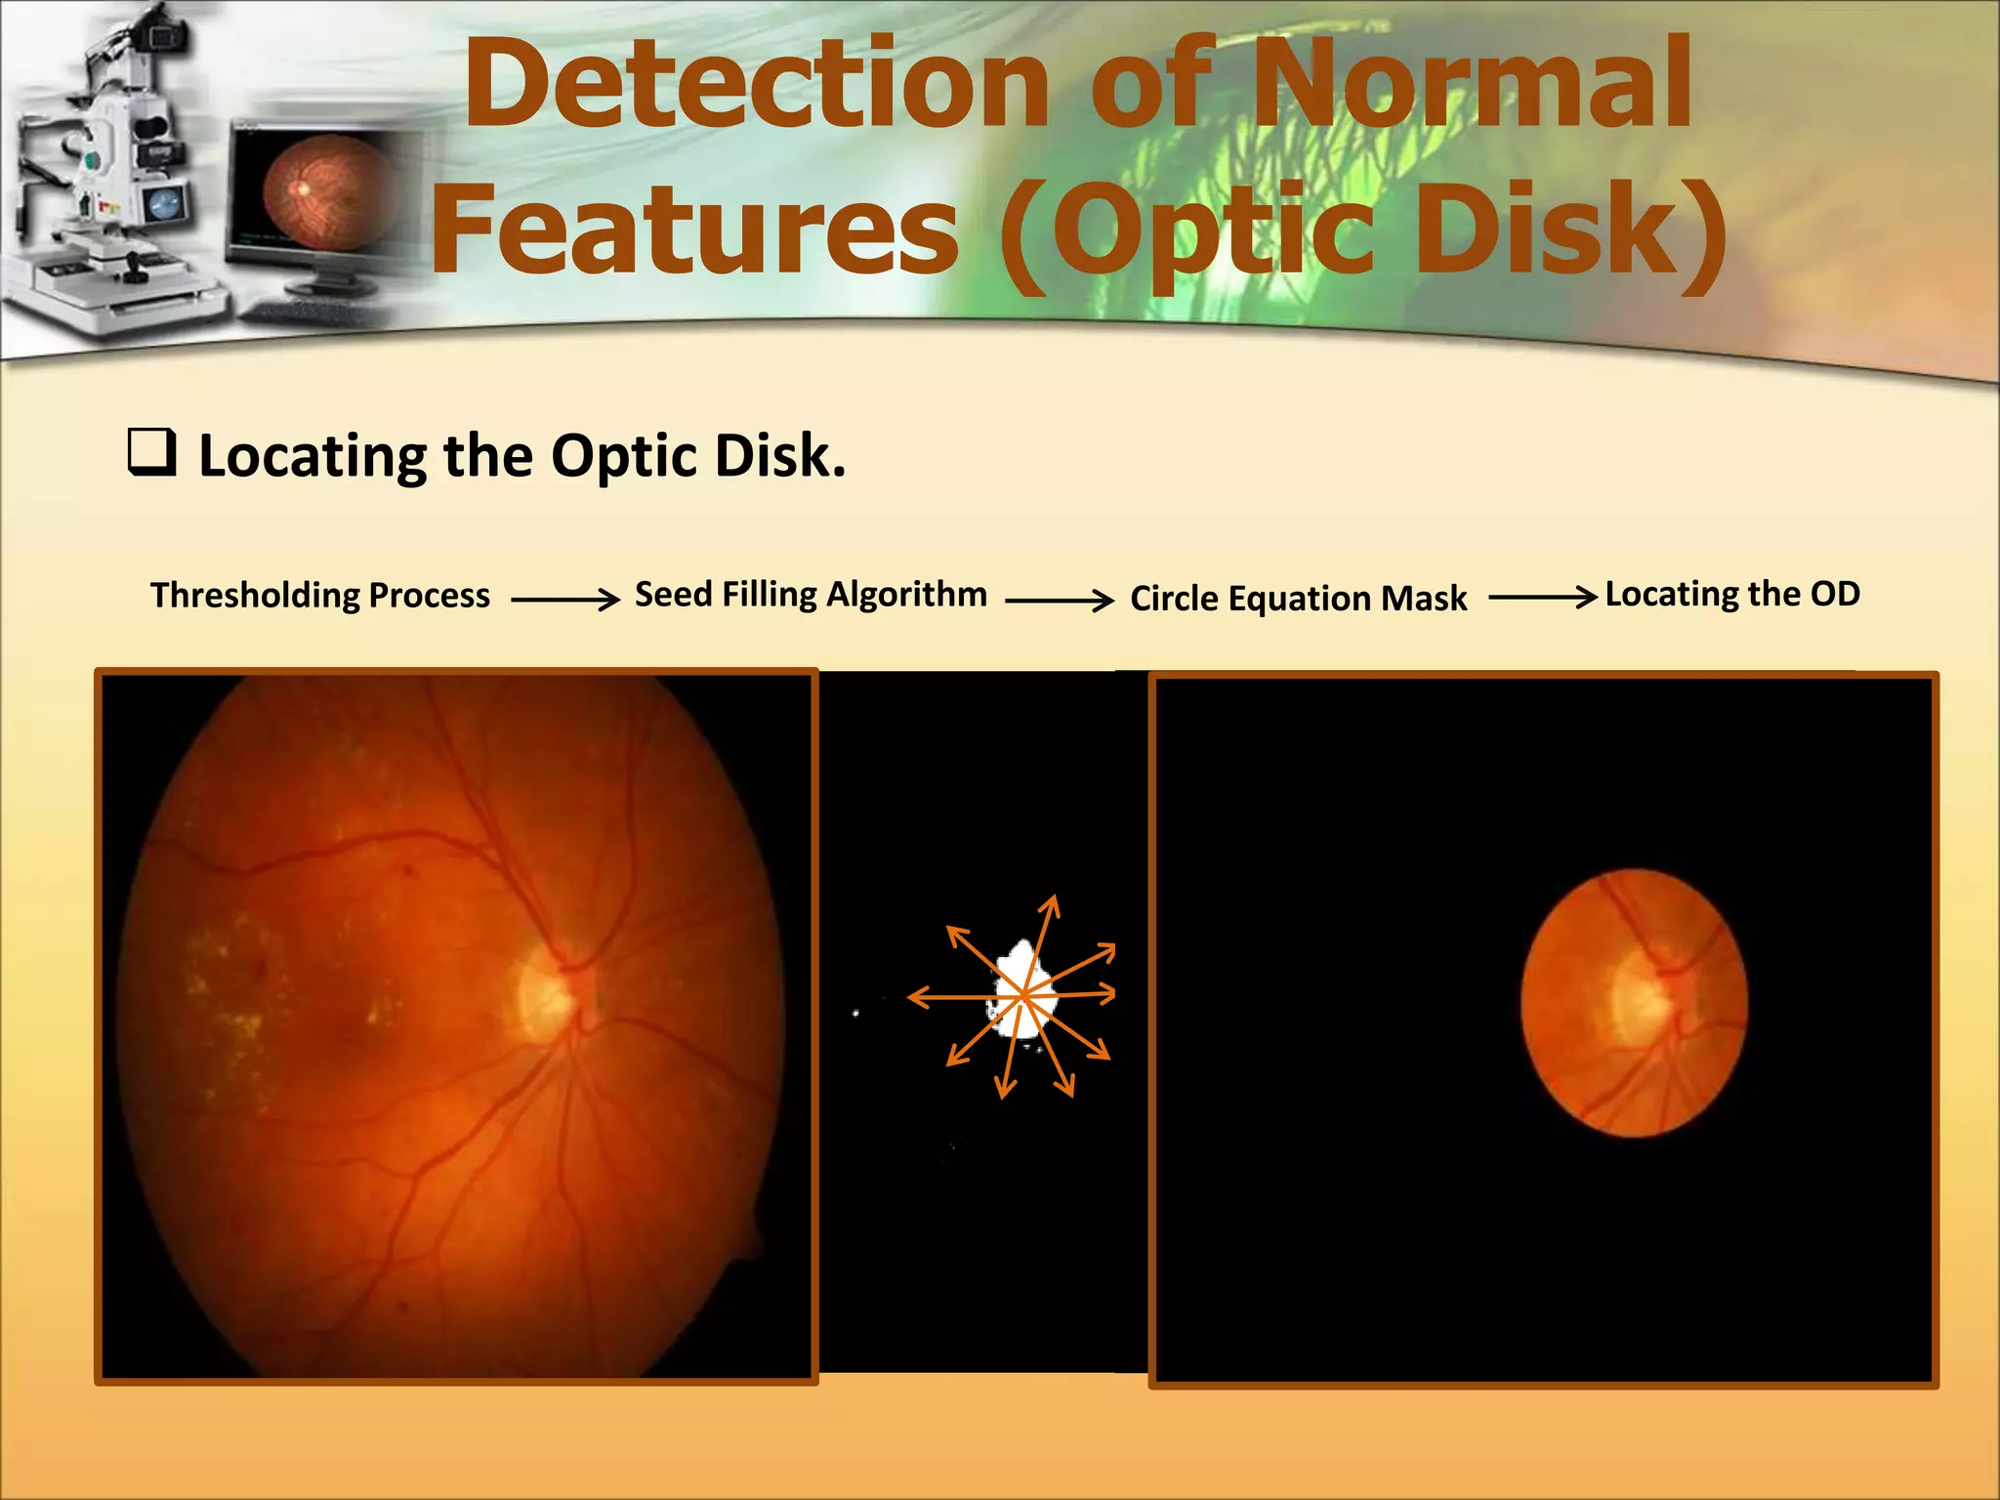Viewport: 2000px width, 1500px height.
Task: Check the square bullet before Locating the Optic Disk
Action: tap(152, 452)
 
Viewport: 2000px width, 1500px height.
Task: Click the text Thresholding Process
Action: tap(320, 595)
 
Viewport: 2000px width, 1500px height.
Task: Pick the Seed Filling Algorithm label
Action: tap(811, 594)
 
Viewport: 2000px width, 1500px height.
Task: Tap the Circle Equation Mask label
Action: tap(1298, 598)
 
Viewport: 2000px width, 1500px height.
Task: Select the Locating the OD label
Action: tap(1732, 594)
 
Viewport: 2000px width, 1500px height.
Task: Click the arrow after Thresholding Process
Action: tap(565, 599)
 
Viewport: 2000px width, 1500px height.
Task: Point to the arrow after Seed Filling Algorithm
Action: tap(1060, 600)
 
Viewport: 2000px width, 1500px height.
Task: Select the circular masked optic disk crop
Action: tap(1634, 1003)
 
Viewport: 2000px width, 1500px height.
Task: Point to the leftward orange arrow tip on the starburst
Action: tap(912, 997)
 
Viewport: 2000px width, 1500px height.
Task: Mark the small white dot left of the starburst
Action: tap(856, 1014)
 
